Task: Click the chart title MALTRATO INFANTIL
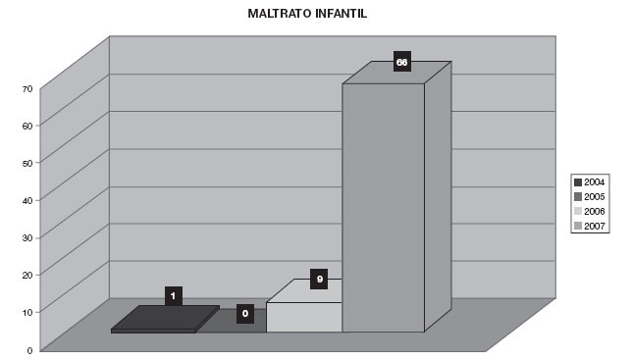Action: (307, 14)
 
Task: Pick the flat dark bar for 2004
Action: (165, 320)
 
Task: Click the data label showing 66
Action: (402, 62)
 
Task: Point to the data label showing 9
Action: (319, 280)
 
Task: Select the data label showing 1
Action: (174, 296)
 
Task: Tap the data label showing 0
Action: (245, 314)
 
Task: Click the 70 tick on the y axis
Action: (27, 89)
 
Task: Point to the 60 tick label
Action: (27, 126)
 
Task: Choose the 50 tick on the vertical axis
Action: (27, 163)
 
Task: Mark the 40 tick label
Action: (27, 200)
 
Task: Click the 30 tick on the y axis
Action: (27, 237)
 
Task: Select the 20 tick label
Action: (27, 275)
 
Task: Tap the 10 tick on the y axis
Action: (27, 312)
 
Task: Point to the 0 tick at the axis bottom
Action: (29, 351)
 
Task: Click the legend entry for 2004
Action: (590, 182)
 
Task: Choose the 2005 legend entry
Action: (590, 197)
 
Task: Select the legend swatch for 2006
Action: (578, 212)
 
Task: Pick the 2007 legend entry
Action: (590, 226)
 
